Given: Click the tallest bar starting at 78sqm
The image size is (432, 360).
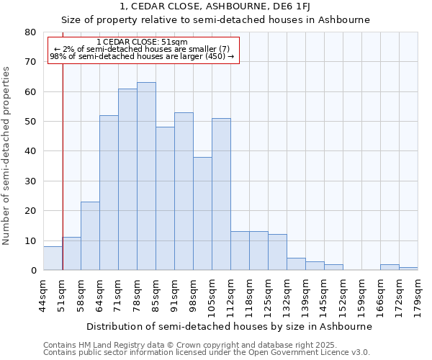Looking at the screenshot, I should (146, 176).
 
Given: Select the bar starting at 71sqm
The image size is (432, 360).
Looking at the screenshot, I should (127, 179).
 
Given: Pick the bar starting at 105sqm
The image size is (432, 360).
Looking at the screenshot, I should (221, 194).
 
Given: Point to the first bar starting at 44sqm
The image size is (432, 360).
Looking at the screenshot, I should (53, 258).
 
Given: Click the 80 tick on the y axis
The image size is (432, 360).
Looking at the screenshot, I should (30, 32).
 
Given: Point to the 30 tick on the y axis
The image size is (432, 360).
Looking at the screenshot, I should (30, 181).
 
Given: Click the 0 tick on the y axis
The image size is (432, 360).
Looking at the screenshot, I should (33, 271).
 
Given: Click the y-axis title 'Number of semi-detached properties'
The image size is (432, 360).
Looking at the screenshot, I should (7, 156).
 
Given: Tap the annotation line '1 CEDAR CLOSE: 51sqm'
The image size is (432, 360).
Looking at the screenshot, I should (142, 42).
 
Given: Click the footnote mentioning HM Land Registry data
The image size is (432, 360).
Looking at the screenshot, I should (185, 345).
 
